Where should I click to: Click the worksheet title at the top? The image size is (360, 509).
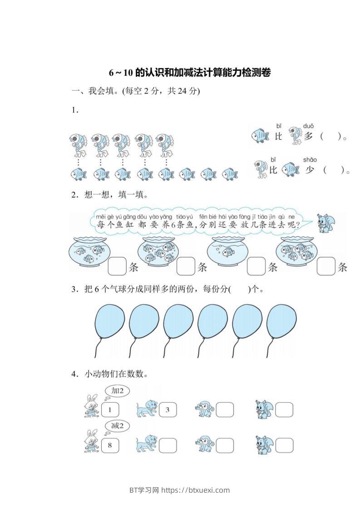(190, 73)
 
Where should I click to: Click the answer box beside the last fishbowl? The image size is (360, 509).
(325, 267)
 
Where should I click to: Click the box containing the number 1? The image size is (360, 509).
(109, 410)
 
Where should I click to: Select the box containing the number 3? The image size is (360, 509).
(167, 410)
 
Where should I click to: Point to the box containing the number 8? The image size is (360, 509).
(109, 445)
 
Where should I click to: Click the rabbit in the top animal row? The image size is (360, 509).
(91, 406)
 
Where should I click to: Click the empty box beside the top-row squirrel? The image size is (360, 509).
(284, 410)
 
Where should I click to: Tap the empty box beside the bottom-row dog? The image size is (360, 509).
(167, 445)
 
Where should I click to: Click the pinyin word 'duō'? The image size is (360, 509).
(308, 126)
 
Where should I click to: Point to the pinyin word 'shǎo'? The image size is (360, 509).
(310, 160)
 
